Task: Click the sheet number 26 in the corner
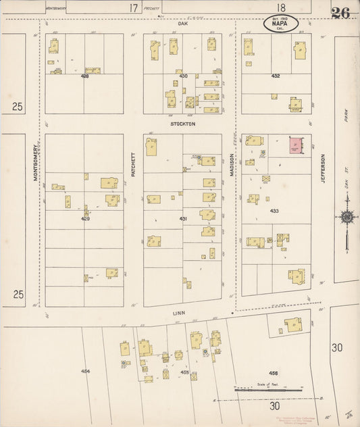click(x=340, y=13)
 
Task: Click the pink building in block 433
click(x=297, y=145)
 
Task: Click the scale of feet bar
click(x=268, y=390)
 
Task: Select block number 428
click(x=84, y=76)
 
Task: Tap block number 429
click(x=85, y=219)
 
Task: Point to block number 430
click(x=183, y=76)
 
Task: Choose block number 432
click(x=276, y=76)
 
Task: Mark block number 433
click(x=274, y=211)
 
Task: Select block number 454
click(x=85, y=371)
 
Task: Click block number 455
click(x=184, y=372)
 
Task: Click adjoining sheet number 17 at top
click(x=134, y=8)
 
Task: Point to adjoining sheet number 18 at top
click(x=272, y=8)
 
